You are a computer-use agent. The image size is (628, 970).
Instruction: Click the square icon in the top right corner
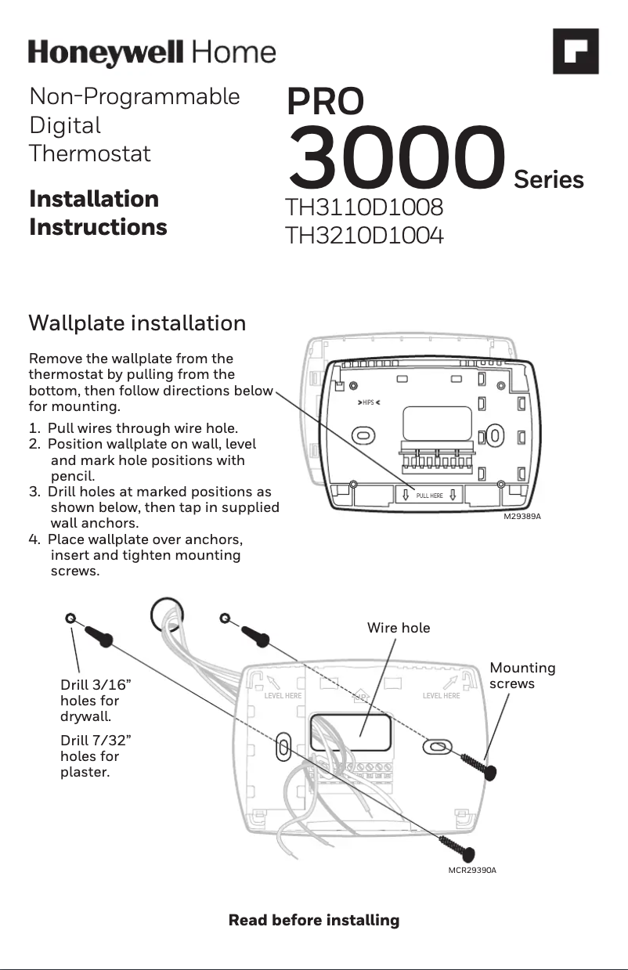pos(576,52)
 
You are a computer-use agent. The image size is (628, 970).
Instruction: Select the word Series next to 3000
pos(548,180)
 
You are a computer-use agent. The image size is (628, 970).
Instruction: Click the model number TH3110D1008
pos(364,208)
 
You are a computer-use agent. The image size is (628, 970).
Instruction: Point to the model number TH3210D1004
pos(364,235)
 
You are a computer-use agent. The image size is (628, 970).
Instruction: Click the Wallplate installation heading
pos(137,323)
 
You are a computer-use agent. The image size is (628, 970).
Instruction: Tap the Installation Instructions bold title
pos(98,213)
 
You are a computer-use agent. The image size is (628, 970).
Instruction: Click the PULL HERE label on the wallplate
pos(429,496)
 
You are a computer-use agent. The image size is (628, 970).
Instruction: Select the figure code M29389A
pos(522,517)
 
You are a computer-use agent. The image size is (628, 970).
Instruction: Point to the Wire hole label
pos(399,628)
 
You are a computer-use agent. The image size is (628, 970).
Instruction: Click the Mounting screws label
pos(522,676)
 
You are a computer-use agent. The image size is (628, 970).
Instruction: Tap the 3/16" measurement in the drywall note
pos(109,685)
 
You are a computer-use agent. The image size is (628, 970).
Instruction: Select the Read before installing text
pos(313,920)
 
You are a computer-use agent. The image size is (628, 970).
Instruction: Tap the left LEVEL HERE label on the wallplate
pos(283,695)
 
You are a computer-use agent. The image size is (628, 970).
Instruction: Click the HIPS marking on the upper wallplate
pos(368,402)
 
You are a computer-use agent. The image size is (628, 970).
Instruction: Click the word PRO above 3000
pos(325,102)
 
